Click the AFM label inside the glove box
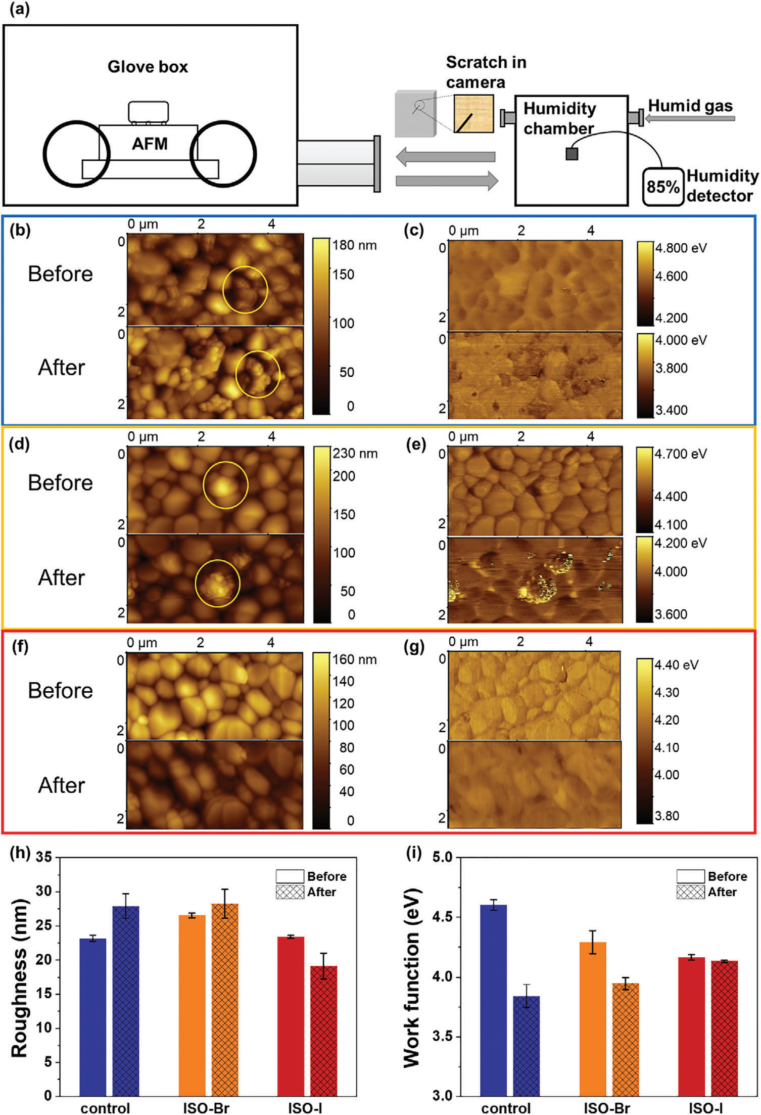coord(150,144)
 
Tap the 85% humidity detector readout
coord(662,187)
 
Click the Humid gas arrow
coord(690,118)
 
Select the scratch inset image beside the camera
coord(473,114)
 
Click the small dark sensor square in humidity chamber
coord(572,154)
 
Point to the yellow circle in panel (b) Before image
coord(245,290)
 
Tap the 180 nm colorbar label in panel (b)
coord(354,246)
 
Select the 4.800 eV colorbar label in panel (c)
coord(681,248)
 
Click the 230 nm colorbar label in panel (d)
coord(355,453)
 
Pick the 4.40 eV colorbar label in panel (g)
coord(677,664)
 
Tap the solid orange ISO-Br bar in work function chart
coord(593,1018)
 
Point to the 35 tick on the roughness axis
coord(44,858)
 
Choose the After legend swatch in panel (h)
coord(290,891)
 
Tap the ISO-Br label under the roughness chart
coord(207,1107)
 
